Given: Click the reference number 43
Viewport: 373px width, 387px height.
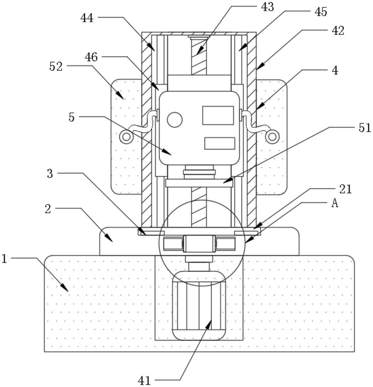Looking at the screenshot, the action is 267,7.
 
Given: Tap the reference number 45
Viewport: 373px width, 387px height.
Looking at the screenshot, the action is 321,12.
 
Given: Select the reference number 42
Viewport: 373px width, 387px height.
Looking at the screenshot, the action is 338,31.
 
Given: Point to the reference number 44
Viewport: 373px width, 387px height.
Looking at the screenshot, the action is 87,18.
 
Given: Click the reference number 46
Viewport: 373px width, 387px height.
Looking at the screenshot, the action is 91,57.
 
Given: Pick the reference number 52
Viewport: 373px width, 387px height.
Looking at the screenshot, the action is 56,67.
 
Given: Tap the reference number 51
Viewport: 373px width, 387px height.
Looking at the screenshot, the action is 364,128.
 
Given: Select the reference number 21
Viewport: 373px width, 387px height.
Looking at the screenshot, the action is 345,189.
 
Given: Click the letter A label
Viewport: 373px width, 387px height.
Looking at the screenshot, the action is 335,204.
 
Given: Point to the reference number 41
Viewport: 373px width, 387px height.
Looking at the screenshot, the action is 144,380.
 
